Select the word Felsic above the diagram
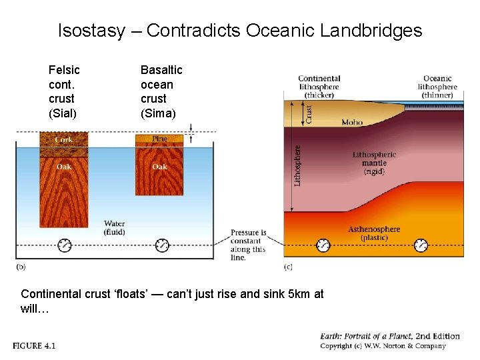pos(64,70)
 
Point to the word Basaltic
pos(161,70)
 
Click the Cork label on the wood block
pos(64,140)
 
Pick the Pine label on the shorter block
pos(160,139)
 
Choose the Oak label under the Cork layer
pos(64,167)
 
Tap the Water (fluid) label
pos(115,228)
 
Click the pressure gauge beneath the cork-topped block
pos(64,245)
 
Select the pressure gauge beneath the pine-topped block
pos(162,245)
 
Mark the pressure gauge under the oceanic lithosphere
pos(421,245)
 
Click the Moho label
pos(352,123)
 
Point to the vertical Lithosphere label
pos(298,165)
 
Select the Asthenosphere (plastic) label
pos(374,233)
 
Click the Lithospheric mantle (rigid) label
pos(374,163)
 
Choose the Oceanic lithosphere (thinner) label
pos(437,87)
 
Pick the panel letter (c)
pos(288,267)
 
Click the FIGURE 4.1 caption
pos(33,345)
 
